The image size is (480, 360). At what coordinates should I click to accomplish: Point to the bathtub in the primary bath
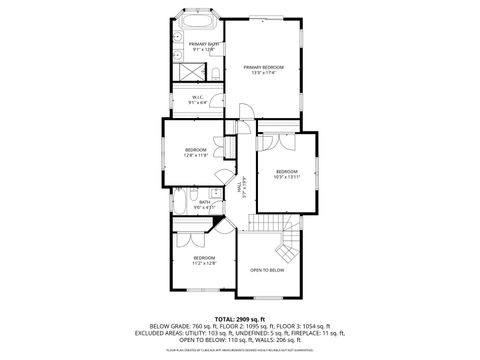[x=196, y=21]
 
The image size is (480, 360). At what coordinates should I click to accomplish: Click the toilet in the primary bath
[x=215, y=74]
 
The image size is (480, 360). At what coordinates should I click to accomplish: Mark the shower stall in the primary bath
[x=183, y=71]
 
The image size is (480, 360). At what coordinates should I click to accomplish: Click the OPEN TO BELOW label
[x=267, y=270]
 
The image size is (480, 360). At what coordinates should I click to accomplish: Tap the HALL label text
[x=239, y=185]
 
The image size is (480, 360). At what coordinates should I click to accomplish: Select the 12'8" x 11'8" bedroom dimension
[x=196, y=155]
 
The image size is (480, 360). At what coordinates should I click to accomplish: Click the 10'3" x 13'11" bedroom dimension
[x=287, y=178]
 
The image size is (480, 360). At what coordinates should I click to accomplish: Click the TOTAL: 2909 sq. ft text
[x=240, y=317]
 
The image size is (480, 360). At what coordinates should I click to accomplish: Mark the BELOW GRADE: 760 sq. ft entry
[x=177, y=325]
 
